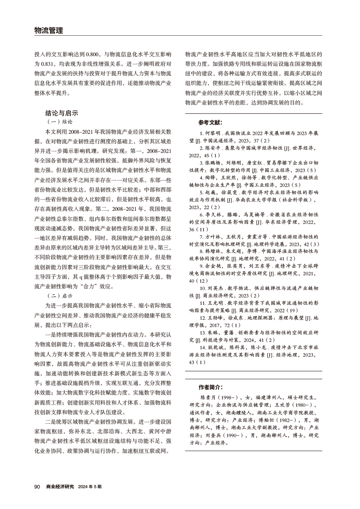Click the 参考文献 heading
click(x=210, y=123)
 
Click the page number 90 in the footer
click(x=37, y=486)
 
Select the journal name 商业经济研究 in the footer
click(x=60, y=486)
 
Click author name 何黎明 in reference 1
click(x=212, y=132)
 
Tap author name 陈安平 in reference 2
click(x=213, y=148)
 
